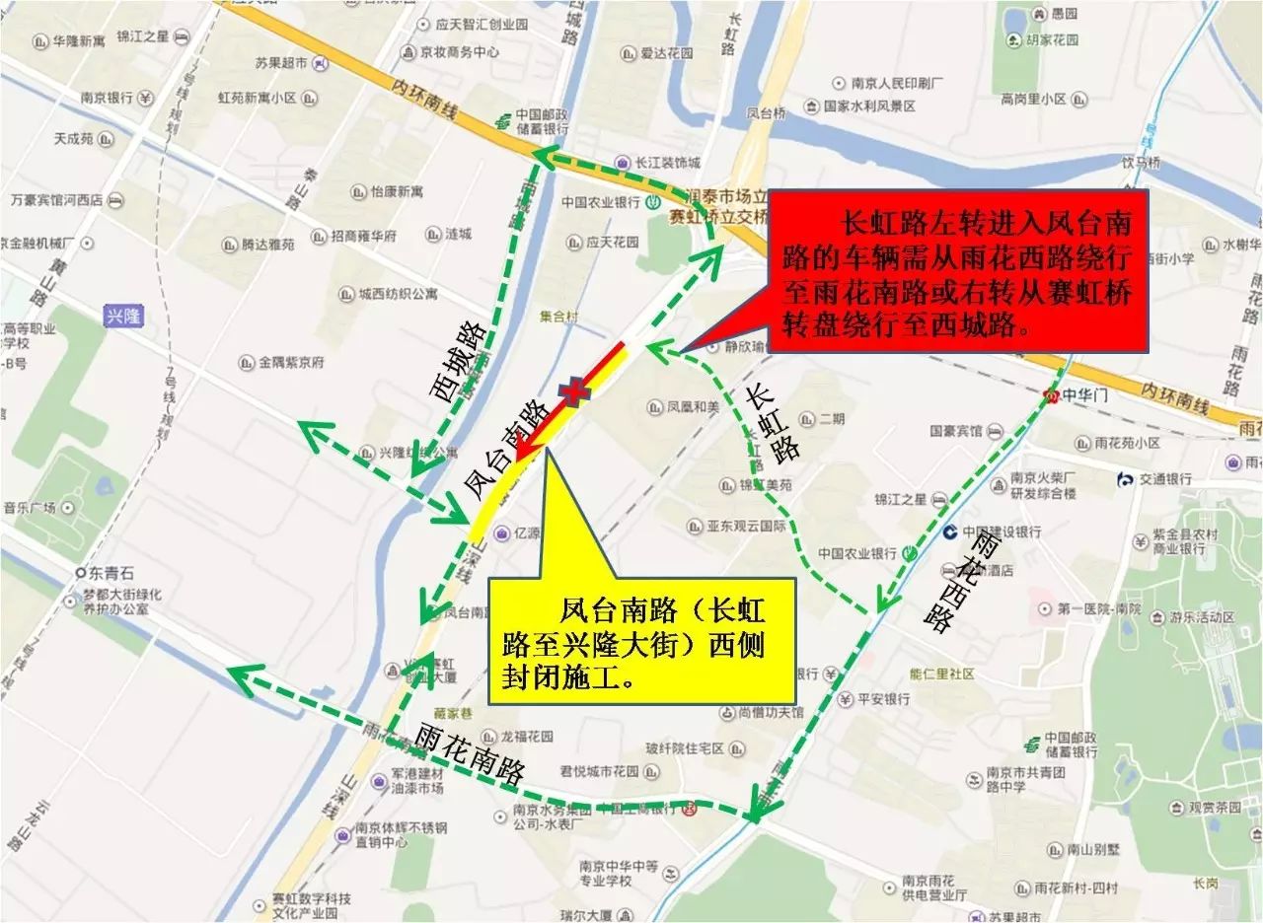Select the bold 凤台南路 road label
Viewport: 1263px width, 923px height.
[504, 449]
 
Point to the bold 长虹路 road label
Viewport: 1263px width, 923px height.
[772, 422]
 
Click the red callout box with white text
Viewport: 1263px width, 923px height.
[956, 272]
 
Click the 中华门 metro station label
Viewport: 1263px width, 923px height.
[1078, 396]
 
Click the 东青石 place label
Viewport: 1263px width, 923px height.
[109, 573]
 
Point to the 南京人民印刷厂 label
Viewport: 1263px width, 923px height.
[897, 83]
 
